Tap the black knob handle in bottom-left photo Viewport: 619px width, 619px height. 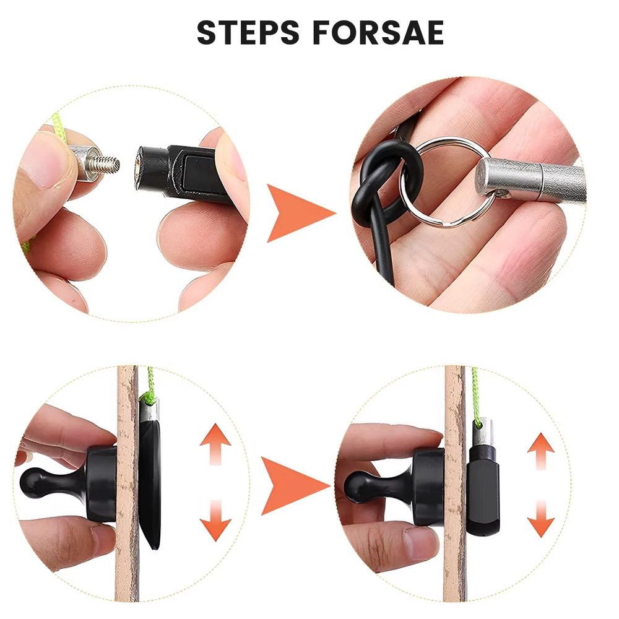[x=56, y=480]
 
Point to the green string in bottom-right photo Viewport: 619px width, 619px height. [x=475, y=396]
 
